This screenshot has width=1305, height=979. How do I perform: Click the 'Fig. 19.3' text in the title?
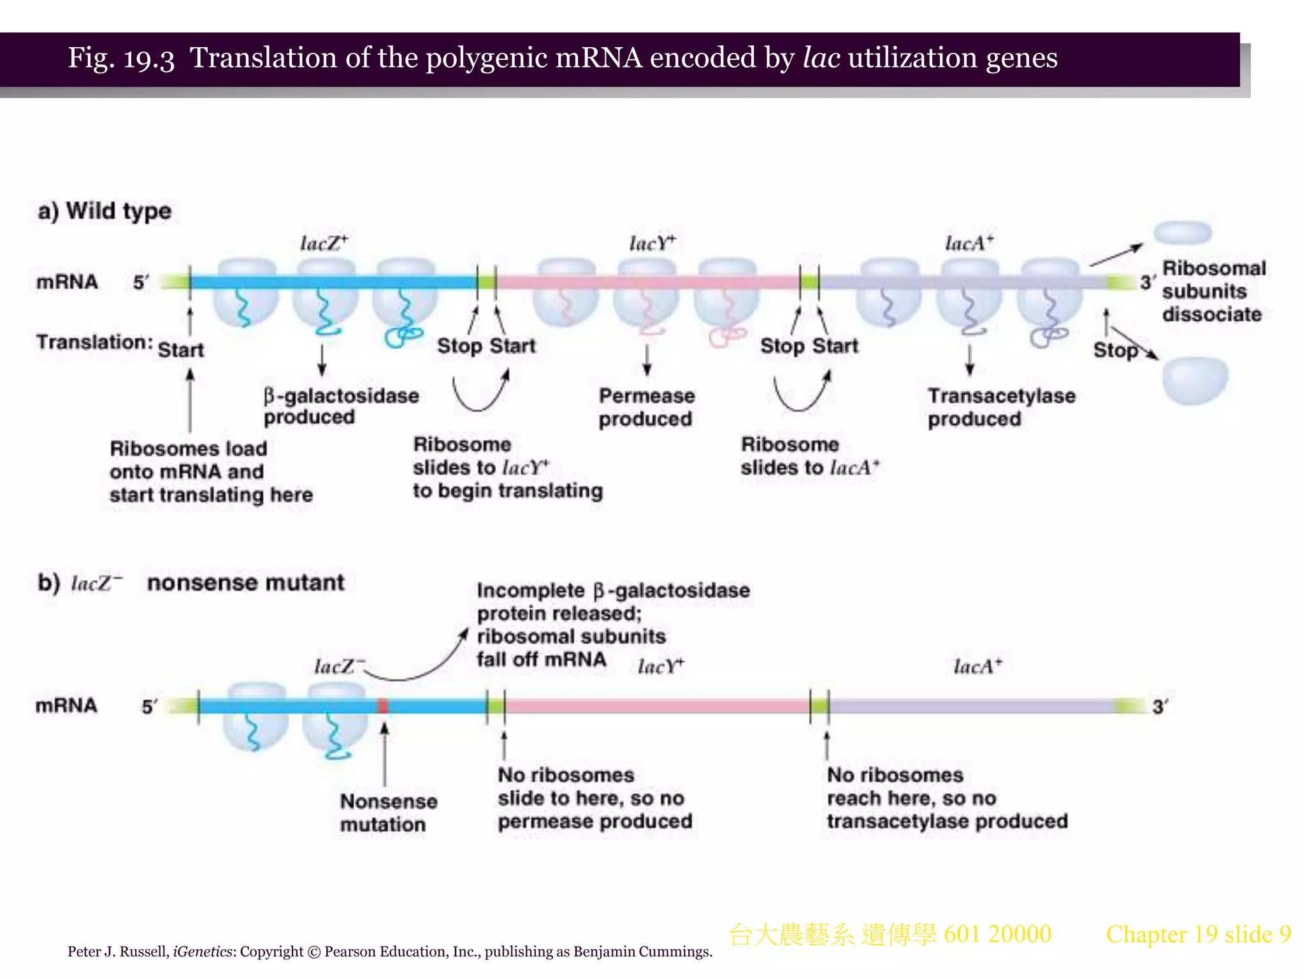coord(121,59)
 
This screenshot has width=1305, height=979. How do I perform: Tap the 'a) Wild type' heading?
coord(105,211)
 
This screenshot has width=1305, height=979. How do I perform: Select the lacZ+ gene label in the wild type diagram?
coord(324,243)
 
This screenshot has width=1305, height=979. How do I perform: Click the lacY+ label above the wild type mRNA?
coord(652,243)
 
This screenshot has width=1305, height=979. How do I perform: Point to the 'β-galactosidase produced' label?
coord(341,406)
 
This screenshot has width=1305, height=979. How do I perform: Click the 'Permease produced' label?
coord(646,407)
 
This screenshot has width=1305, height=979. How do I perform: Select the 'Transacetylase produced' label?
coord(1001,407)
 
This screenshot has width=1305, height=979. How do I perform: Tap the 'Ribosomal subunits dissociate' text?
coord(1213,291)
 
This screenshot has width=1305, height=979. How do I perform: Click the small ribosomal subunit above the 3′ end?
coord(1183,233)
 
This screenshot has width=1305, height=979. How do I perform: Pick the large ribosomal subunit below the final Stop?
coord(1195,381)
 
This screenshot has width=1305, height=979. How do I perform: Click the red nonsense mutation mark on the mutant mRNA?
coord(383,706)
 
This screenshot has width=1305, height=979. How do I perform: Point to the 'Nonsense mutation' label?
coord(388,813)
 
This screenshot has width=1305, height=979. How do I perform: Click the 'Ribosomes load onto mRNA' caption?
coord(210,472)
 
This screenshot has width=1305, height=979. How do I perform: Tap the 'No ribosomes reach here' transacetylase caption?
coord(947,798)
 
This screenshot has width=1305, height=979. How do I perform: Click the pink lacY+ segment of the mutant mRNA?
coord(656,706)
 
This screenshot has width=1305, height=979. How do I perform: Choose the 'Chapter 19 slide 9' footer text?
coord(1198,934)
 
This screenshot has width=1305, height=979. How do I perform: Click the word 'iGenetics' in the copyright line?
coord(203,952)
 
